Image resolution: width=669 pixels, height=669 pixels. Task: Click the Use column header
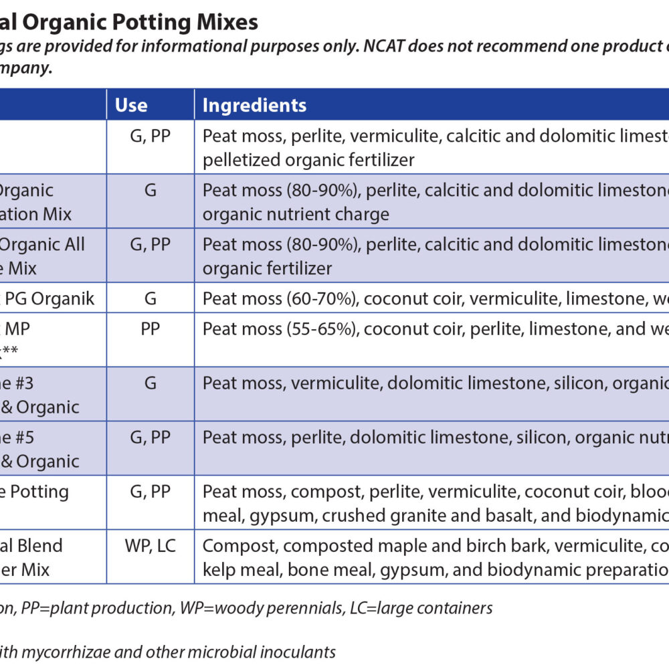(x=131, y=105)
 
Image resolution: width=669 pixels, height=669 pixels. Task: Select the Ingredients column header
(x=254, y=105)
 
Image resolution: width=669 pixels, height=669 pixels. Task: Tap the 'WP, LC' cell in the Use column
(x=150, y=545)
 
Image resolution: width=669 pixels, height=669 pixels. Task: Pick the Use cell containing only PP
(x=150, y=328)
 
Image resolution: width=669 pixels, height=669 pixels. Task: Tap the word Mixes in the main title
(x=225, y=22)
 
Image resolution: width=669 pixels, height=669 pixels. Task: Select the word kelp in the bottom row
(x=217, y=570)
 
